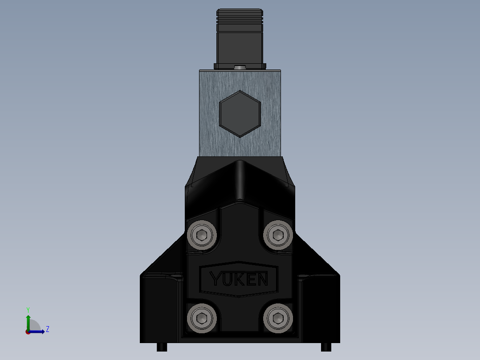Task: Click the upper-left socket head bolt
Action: click(x=202, y=234)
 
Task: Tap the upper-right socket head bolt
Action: click(x=278, y=234)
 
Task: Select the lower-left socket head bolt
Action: click(x=202, y=318)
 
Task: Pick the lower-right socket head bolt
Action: click(x=278, y=318)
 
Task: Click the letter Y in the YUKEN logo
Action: click(x=215, y=280)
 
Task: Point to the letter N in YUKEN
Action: click(x=262, y=280)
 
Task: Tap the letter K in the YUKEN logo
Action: click(x=239, y=280)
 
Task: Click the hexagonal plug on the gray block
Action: click(x=240, y=114)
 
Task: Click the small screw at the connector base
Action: click(x=240, y=67)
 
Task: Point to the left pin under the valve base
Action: click(x=162, y=347)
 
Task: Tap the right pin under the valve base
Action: click(x=326, y=347)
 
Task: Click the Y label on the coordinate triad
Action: click(x=28, y=309)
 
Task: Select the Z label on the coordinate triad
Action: click(x=47, y=329)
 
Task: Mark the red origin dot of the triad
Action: click(x=28, y=332)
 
